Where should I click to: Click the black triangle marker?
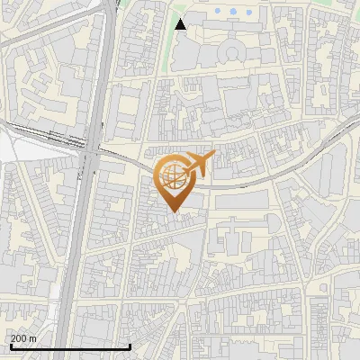coord(180,24)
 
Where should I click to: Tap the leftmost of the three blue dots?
coord(220,13)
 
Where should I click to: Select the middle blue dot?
coord(234,13)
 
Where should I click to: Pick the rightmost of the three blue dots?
coord(248,13)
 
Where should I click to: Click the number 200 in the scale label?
coord(20,337)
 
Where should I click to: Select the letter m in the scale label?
coord(33,337)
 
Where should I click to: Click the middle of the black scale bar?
coord(70,346)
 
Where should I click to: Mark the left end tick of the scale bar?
coord(10,345)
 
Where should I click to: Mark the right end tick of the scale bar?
coord(130,345)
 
